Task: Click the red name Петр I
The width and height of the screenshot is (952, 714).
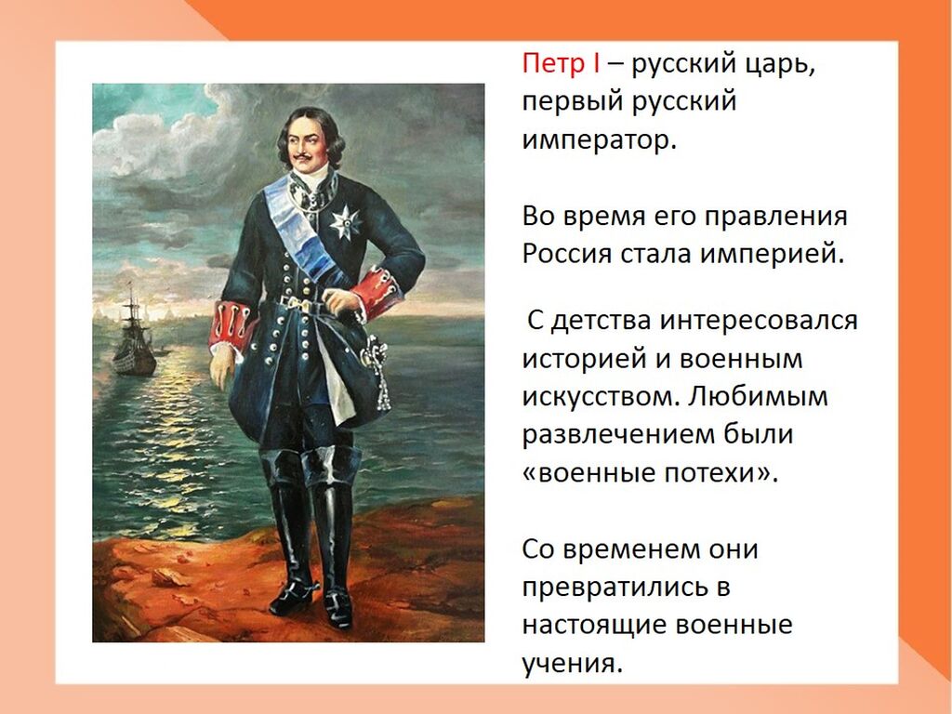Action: [561, 63]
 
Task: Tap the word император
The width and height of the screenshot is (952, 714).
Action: [599, 140]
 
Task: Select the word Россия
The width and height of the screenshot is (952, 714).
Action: [566, 253]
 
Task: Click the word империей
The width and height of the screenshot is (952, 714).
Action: [773, 254]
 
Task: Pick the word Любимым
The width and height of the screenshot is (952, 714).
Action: [759, 396]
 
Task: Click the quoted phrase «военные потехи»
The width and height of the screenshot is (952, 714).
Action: [650, 472]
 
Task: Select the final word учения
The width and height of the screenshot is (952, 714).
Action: [573, 663]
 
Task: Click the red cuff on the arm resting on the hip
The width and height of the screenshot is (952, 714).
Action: [380, 291]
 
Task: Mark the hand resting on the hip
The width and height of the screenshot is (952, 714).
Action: [342, 302]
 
